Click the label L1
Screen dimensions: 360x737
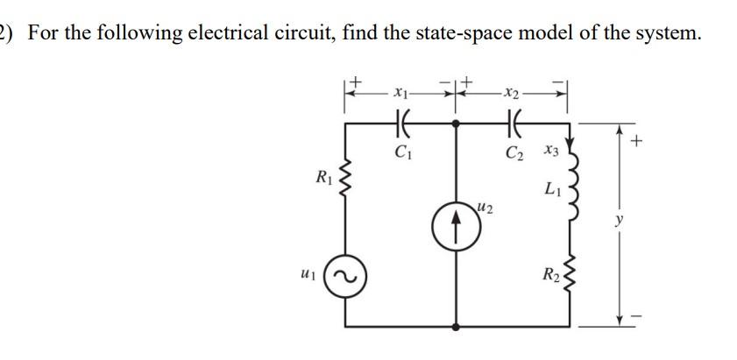click(x=551, y=188)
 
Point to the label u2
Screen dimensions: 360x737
click(x=485, y=206)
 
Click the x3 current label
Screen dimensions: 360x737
click(x=550, y=152)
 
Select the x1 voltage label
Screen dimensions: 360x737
click(x=400, y=90)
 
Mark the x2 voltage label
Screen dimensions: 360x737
click(x=513, y=90)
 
